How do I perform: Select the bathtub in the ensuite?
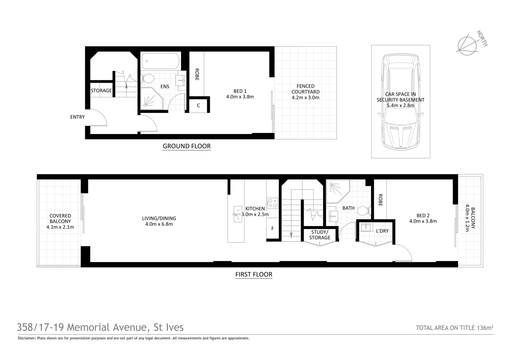pyautogui.click(x=161, y=61)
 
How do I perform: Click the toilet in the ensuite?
pyautogui.click(x=148, y=79)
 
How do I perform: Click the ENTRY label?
pyautogui.click(x=77, y=117)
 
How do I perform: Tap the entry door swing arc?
pyautogui.click(x=99, y=118)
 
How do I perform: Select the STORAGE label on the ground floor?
pyautogui.click(x=101, y=91)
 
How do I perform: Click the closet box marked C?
pyautogui.click(x=199, y=106)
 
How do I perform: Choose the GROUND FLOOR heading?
pyautogui.click(x=187, y=146)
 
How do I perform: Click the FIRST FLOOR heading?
pyautogui.click(x=254, y=275)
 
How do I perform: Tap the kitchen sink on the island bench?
pyautogui.click(x=238, y=214)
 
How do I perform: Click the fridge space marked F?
pyautogui.click(x=272, y=229)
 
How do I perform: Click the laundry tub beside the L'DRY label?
pyautogui.click(x=366, y=227)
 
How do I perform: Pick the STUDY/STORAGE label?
pyautogui.click(x=320, y=235)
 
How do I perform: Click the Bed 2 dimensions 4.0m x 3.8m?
pyautogui.click(x=423, y=221)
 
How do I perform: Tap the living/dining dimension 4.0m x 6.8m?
pyautogui.click(x=159, y=224)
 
